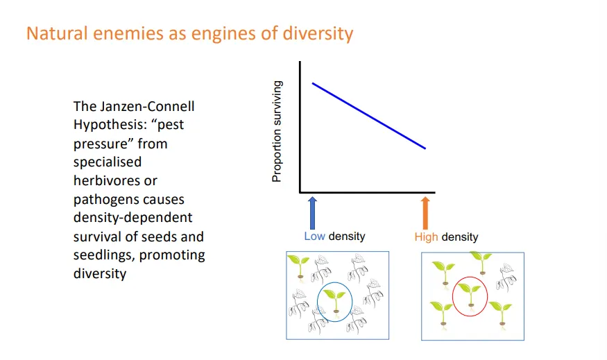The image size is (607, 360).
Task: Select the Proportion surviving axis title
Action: [277, 132]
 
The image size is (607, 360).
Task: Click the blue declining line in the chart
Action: [368, 116]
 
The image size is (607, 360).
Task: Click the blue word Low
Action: [314, 236]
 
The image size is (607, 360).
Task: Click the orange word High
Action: [426, 237]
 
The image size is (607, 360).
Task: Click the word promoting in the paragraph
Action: [173, 255]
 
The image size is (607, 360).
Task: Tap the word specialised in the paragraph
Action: [108, 162]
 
